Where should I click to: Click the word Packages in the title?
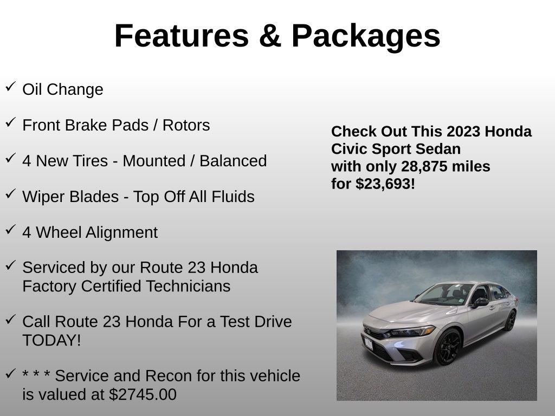(x=366, y=36)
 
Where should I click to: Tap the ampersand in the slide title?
(x=270, y=36)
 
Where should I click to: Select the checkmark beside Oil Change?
(x=10, y=87)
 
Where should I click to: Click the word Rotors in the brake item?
(x=186, y=125)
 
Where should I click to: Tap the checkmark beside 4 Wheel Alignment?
(x=10, y=230)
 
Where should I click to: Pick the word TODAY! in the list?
(x=51, y=340)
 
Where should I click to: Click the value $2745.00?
(x=143, y=394)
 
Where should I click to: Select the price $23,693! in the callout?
(x=385, y=184)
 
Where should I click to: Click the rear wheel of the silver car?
(x=510, y=320)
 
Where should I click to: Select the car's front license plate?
(x=369, y=342)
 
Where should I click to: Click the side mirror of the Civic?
(x=480, y=302)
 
